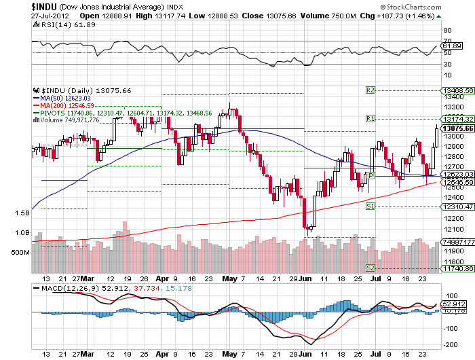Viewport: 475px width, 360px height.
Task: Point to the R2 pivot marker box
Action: (x=370, y=90)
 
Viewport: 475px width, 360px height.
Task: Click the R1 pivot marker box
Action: (x=370, y=118)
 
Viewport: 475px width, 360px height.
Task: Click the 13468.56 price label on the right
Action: (x=457, y=90)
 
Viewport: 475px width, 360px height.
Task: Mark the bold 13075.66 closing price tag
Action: (x=457, y=128)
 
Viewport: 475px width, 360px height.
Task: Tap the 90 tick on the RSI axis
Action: (x=448, y=31)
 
